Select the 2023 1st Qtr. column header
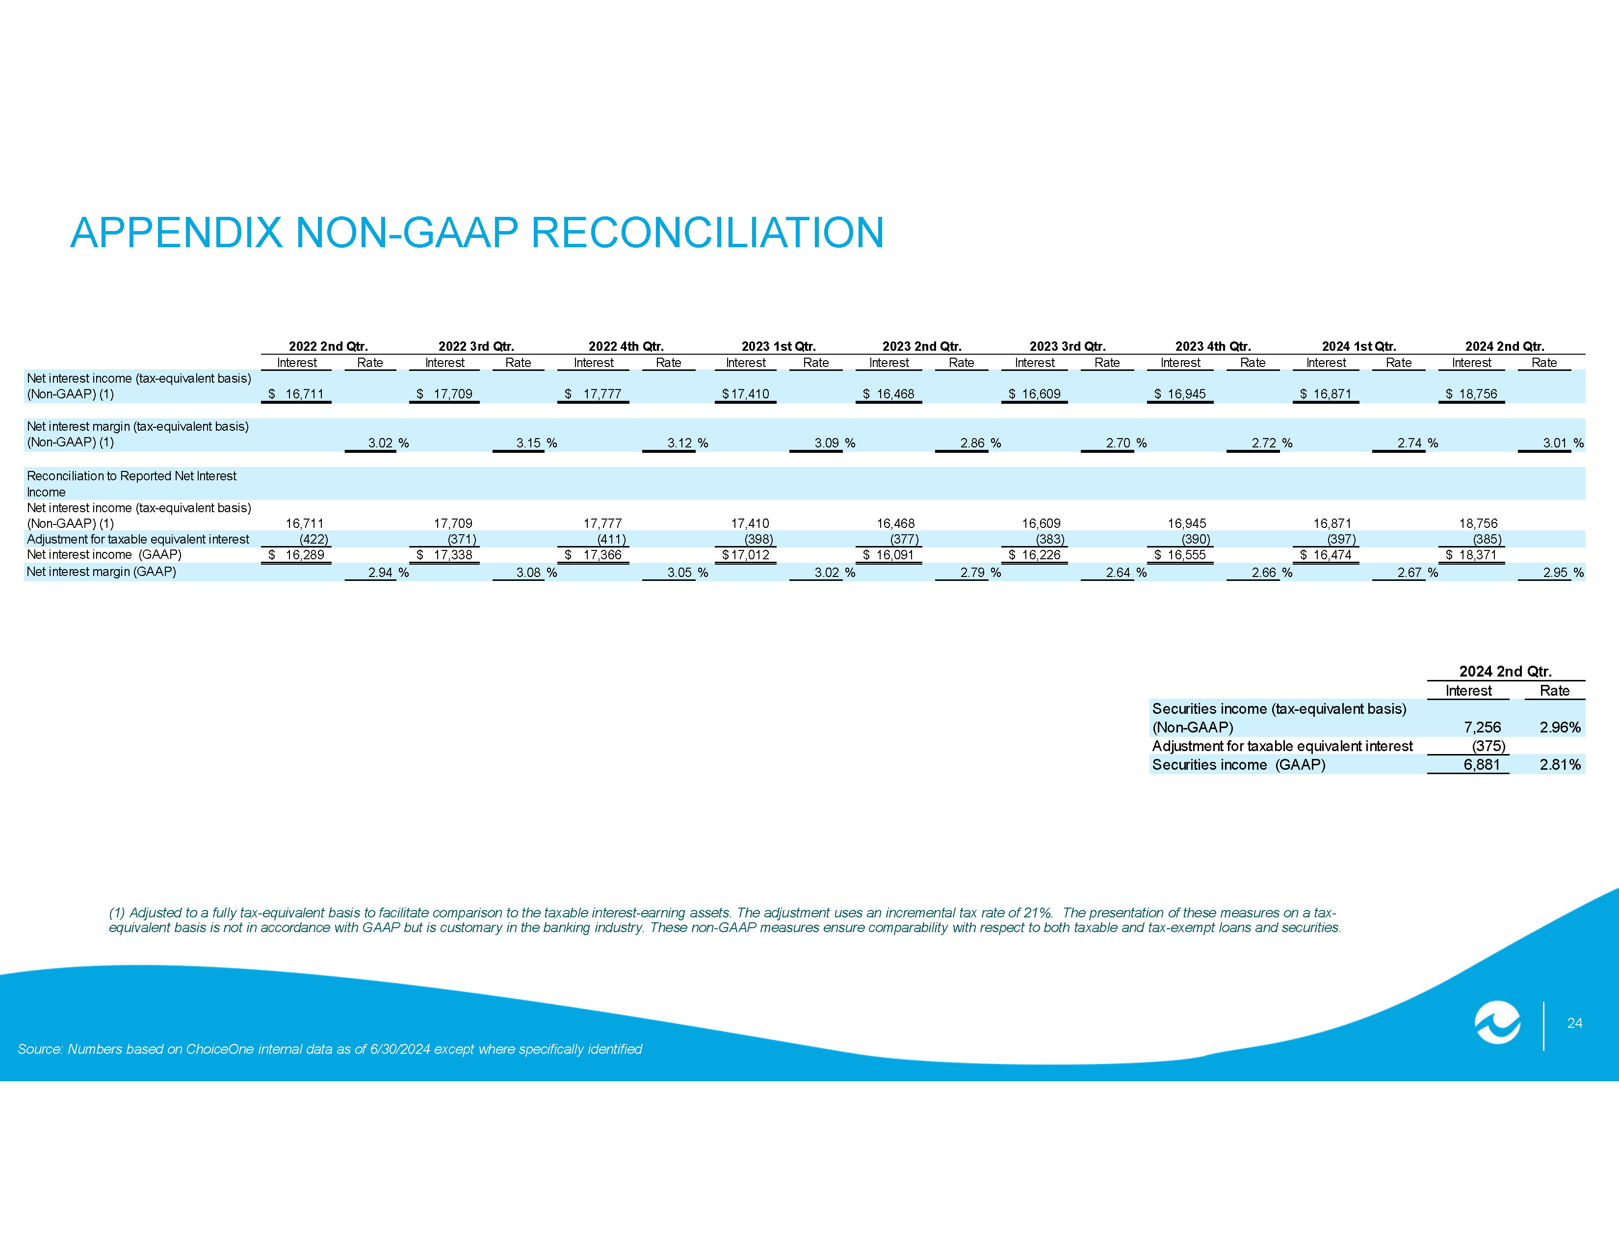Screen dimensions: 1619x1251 coord(779,346)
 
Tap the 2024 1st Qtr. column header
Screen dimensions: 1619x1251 coord(1359,346)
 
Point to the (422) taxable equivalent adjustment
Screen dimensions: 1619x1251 coord(313,539)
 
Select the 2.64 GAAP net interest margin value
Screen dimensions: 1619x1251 coord(1119,572)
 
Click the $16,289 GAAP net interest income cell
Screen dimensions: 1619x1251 coord(296,555)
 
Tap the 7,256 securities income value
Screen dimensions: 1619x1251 coord(1483,727)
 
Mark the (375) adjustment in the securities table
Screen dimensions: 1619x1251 coord(1488,746)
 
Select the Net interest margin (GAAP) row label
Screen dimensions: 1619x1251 coord(102,572)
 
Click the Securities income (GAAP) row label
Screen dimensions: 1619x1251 coord(1239,765)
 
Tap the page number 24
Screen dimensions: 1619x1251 coord(1574,1023)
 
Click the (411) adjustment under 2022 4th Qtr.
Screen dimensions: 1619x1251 coord(612,539)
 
